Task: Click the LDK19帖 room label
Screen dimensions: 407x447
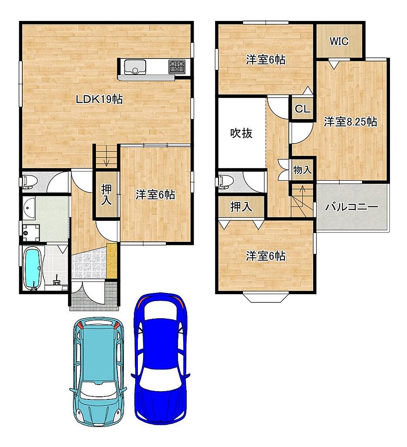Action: point(99,99)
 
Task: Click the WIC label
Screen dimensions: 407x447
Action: point(339,41)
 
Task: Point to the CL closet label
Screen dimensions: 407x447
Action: point(302,109)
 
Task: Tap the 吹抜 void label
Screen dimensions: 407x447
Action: point(241,133)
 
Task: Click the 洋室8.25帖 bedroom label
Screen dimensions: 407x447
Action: point(350,122)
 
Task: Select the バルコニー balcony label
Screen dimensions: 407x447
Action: point(352,206)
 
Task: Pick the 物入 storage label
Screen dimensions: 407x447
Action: point(302,170)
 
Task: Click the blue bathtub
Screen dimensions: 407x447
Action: point(32,268)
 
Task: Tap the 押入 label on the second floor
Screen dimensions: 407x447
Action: point(241,206)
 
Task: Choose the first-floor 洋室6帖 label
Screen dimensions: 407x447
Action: point(155,195)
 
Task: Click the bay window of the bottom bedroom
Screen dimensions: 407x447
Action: point(266,297)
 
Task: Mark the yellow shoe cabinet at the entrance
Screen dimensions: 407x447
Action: point(112,261)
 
